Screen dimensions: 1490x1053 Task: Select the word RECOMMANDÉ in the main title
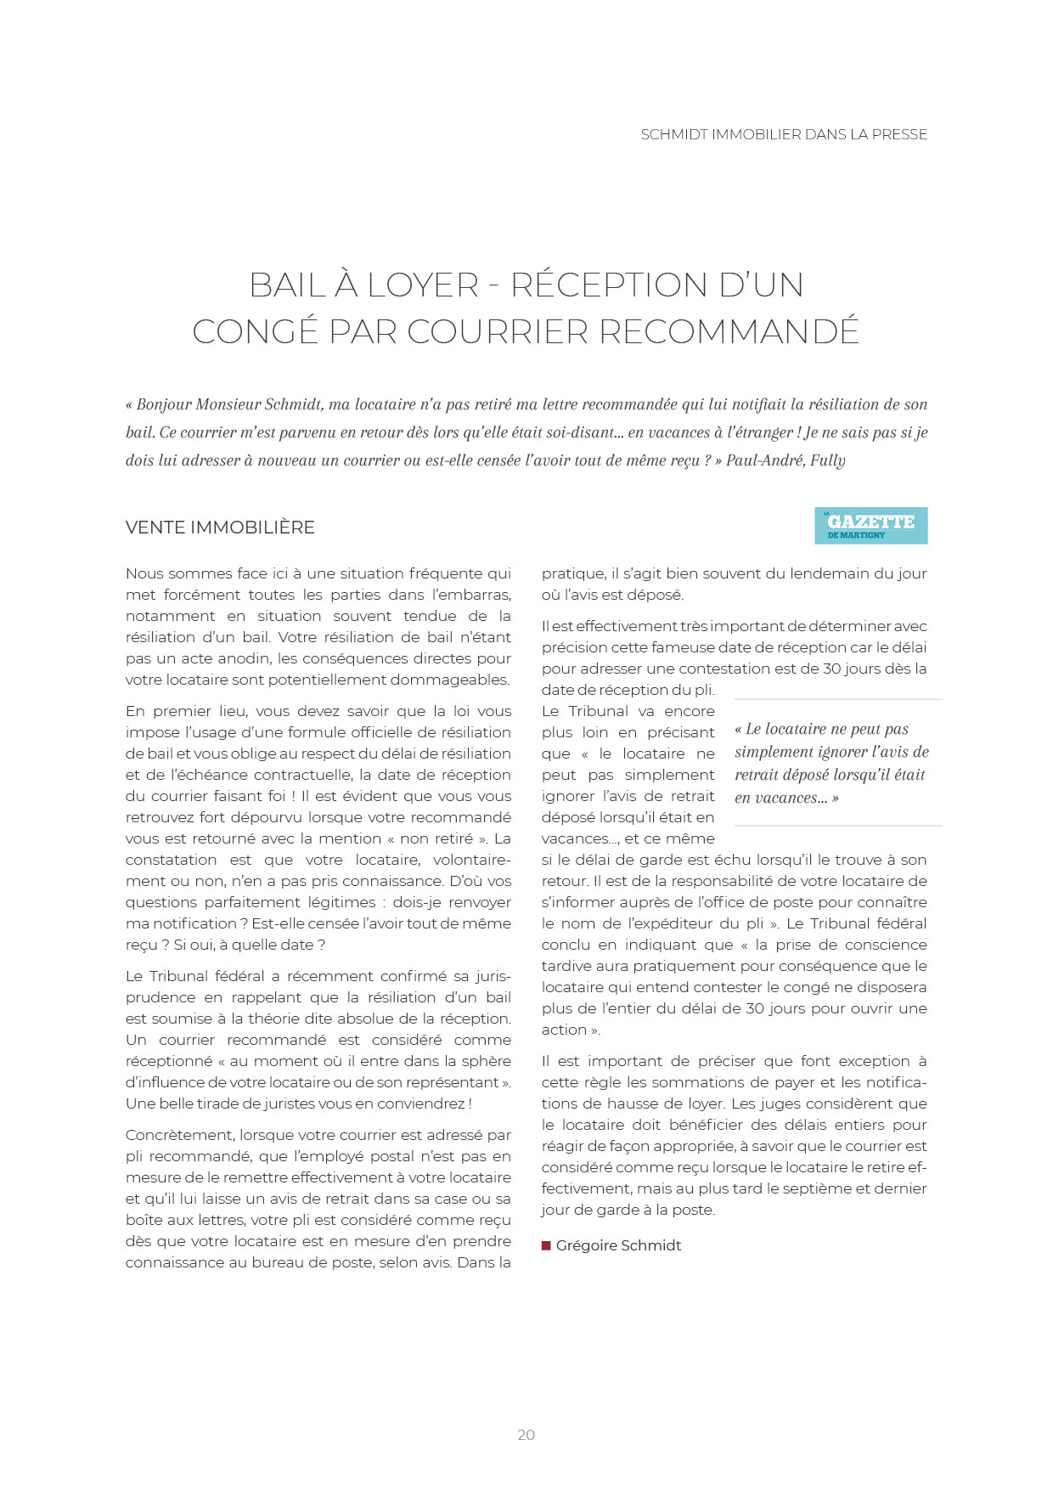click(729, 332)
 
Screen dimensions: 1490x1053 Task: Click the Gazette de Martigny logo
click(870, 526)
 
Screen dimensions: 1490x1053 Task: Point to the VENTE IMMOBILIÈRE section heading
click(220, 528)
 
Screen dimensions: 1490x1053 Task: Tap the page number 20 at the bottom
click(526, 1435)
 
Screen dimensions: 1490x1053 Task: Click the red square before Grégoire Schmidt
click(546, 1246)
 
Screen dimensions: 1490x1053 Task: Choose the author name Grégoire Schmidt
click(618, 1246)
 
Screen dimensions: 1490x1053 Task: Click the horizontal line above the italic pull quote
click(838, 700)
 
